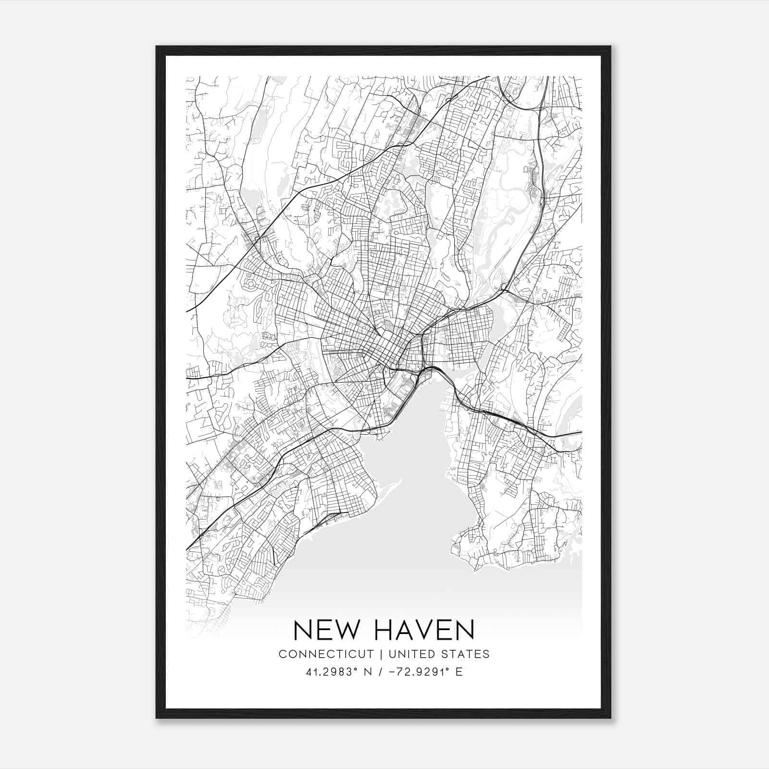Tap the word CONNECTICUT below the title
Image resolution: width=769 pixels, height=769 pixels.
click(326, 654)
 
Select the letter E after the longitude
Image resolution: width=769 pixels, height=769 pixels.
click(459, 672)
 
